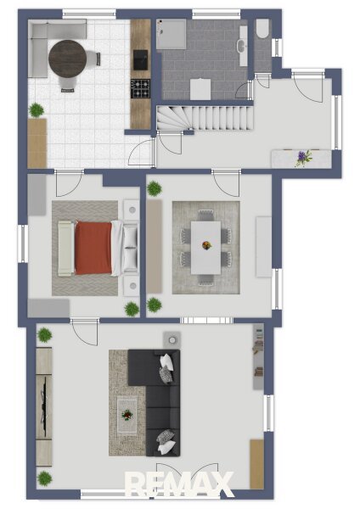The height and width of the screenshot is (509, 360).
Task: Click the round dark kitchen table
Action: [x=68, y=59]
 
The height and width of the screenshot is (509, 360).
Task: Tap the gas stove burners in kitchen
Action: [x=140, y=88]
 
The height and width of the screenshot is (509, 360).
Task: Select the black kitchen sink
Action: [x=140, y=59]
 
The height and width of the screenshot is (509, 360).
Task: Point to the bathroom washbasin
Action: [x=242, y=46]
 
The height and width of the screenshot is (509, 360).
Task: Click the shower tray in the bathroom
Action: [x=172, y=34]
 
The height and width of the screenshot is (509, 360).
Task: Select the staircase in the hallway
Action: [x=205, y=118]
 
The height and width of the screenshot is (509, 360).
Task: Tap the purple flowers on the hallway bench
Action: [x=303, y=158]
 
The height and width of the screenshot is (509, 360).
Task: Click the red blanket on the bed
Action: [x=93, y=248]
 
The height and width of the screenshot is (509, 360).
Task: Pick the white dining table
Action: [x=205, y=248]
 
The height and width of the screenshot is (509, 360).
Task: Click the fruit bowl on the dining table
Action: [x=206, y=245]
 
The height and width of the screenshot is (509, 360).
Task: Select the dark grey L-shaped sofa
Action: [x=154, y=402]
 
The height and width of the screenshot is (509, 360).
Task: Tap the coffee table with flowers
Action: [x=127, y=416]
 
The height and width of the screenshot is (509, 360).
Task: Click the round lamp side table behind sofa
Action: [x=172, y=340]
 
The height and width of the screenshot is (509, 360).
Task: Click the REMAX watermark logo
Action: [x=179, y=484]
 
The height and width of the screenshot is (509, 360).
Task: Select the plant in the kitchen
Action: [x=37, y=110]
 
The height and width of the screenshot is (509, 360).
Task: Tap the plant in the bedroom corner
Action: [x=132, y=309]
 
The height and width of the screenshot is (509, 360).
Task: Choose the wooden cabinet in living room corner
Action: [x=256, y=464]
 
